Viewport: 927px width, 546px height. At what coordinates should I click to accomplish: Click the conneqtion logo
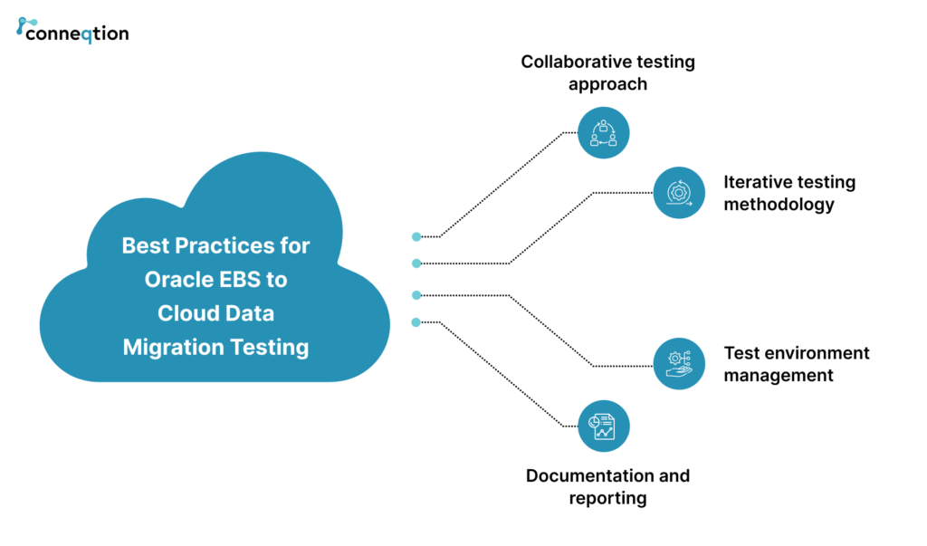click(72, 31)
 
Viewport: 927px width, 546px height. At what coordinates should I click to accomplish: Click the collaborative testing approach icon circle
click(603, 132)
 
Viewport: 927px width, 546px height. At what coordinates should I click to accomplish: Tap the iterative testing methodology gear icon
click(679, 193)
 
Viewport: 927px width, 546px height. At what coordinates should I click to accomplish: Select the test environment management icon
click(679, 364)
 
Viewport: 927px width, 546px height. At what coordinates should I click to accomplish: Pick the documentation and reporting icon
click(603, 426)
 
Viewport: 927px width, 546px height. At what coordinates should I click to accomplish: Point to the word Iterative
click(757, 182)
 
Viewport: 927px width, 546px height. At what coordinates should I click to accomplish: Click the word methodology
click(779, 204)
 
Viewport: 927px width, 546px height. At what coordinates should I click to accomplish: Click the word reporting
click(607, 498)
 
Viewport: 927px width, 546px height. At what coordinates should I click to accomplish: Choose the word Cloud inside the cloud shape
click(183, 313)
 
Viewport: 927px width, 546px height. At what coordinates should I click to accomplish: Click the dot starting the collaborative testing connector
click(416, 236)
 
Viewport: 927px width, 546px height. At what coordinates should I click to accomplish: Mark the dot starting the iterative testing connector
click(416, 263)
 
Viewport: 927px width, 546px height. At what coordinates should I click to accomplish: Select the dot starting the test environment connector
click(416, 294)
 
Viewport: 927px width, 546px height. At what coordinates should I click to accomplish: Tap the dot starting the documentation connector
click(416, 322)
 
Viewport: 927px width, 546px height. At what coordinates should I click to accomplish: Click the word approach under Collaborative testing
click(607, 84)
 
